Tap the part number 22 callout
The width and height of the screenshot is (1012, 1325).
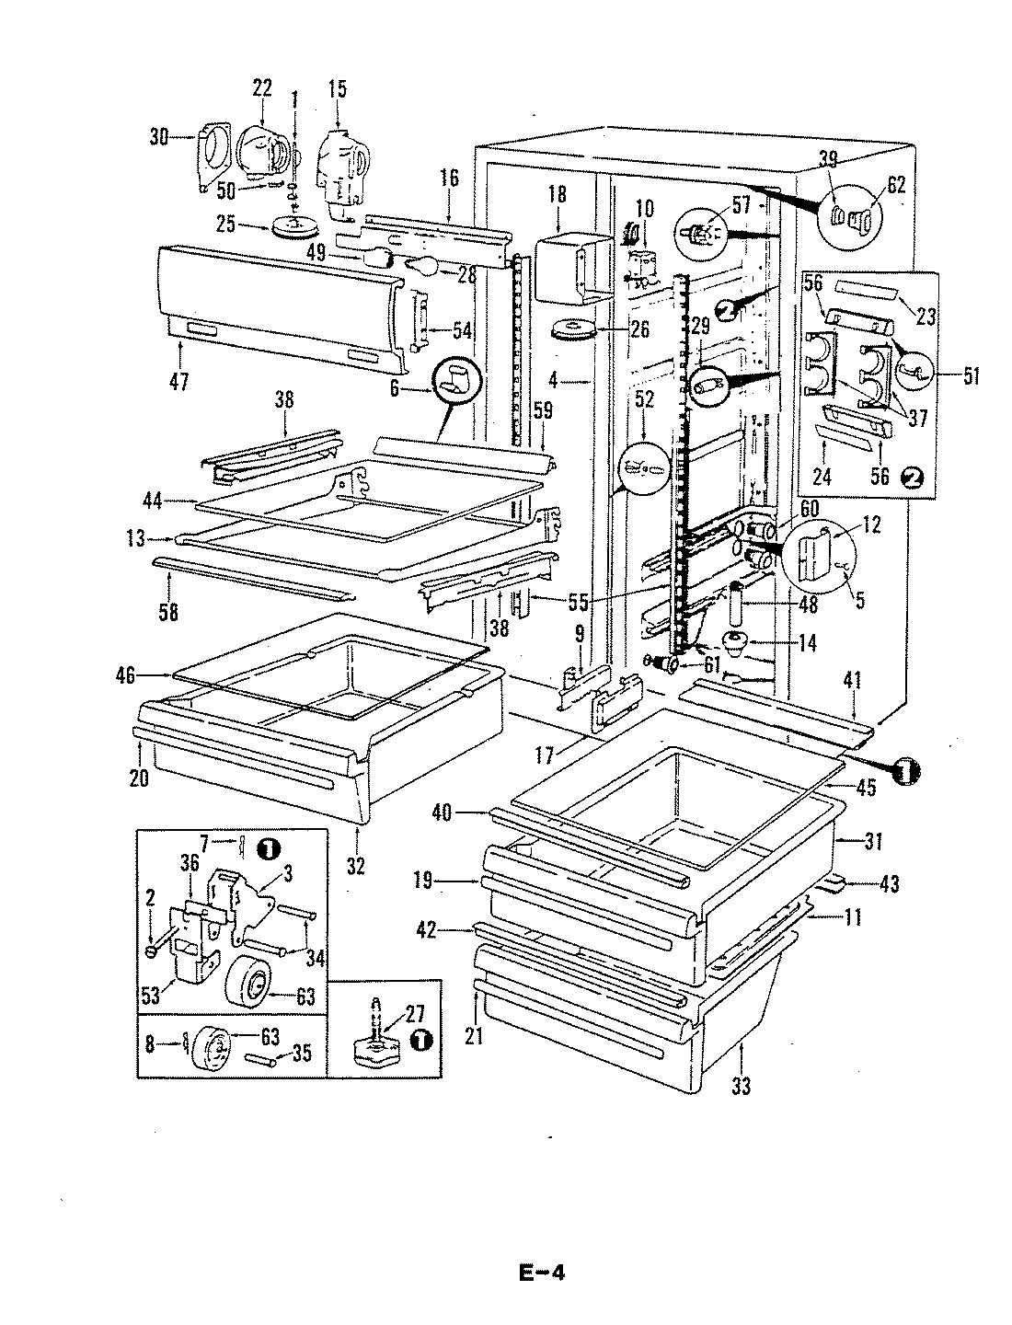click(262, 87)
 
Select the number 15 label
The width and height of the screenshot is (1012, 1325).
click(337, 89)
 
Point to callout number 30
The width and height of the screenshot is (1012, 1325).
click(160, 138)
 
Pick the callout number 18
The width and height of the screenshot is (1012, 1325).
click(558, 195)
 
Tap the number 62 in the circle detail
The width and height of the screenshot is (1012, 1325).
click(897, 184)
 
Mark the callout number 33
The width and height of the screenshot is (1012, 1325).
click(741, 1087)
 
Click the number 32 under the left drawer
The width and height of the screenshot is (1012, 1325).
click(355, 866)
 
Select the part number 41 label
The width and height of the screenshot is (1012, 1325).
click(852, 682)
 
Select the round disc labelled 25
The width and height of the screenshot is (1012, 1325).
click(296, 225)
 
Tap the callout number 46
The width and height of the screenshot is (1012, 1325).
click(125, 676)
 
